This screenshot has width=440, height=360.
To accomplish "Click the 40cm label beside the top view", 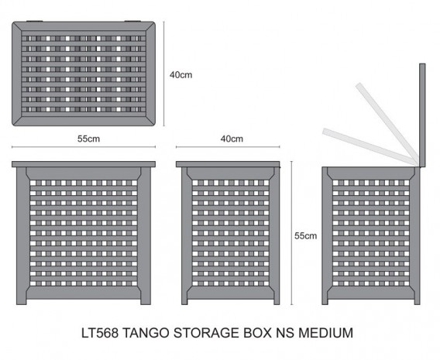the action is coord(180,75).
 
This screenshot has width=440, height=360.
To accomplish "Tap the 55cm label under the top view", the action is coord(88,139).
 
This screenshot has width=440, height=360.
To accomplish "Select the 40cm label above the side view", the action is coord(232,139).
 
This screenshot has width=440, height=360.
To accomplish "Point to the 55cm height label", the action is coord(305,236).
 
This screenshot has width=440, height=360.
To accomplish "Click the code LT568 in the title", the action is coord(100,333).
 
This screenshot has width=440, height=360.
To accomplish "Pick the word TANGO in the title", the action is coord(146,333).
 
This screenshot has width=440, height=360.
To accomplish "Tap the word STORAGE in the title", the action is coord(206,333).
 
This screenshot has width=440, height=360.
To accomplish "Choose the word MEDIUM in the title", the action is coord(325,333).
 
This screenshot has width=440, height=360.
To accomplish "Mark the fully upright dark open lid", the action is coord(422,115).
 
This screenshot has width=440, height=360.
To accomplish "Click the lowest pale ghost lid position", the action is coord(370,146).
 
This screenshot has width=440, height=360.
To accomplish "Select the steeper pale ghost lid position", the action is coord(387,123).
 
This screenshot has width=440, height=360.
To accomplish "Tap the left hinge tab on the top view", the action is coord(35,21).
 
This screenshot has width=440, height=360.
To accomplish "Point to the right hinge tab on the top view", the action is coord(132,21).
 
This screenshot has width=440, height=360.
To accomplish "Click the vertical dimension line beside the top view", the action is coord(163,74).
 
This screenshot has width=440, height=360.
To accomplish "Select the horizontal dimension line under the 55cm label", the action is coord(84,146).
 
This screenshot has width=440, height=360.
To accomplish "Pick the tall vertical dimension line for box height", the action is coord(292,233).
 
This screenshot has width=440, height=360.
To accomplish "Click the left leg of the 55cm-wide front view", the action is coord(22,236).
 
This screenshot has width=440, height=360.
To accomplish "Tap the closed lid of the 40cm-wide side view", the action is coord(228,164).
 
